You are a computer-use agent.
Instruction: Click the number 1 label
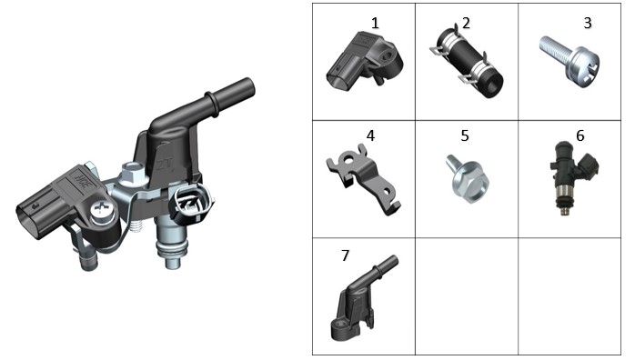coord(375,23)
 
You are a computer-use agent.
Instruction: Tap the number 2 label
coord(466,23)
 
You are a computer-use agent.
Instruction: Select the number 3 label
coord(588,23)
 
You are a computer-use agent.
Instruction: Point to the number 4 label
coord(370,135)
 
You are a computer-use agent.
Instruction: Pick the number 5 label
coord(465,135)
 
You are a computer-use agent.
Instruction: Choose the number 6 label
coord(580,135)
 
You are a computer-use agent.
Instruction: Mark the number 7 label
coord(345,255)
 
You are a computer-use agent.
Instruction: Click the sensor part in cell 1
coord(365,61)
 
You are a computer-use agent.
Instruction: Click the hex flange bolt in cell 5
coord(468,179)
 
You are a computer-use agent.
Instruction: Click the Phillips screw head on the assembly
coord(100,210)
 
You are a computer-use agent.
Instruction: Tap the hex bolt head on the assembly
coord(132,172)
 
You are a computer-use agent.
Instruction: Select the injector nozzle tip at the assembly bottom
coord(172,262)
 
